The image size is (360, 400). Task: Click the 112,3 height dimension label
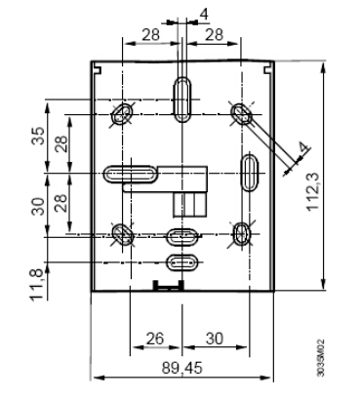[313, 191]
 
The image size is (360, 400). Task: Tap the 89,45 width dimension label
[182, 369]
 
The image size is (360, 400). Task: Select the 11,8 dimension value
[37, 285]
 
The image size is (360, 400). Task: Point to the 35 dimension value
[38, 136]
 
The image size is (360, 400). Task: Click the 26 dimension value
[155, 339]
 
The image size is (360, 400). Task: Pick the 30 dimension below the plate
[215, 339]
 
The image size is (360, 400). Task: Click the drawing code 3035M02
[321, 358]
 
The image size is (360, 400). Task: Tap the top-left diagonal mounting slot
[123, 113]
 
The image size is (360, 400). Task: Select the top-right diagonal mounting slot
[241, 114]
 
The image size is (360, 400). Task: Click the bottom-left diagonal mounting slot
[123, 234]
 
